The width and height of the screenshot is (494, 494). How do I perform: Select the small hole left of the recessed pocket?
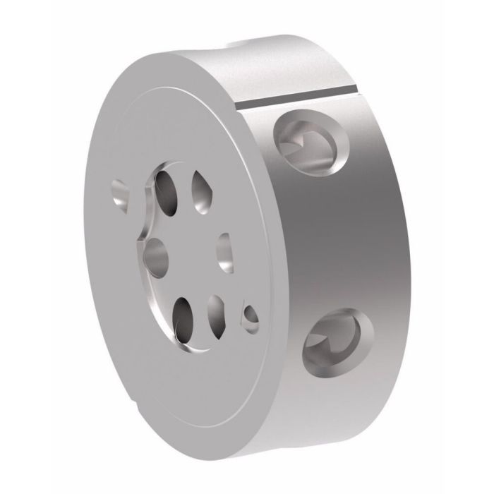(x=121, y=194)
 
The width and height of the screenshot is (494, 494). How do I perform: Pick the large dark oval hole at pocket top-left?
(x=167, y=189)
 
